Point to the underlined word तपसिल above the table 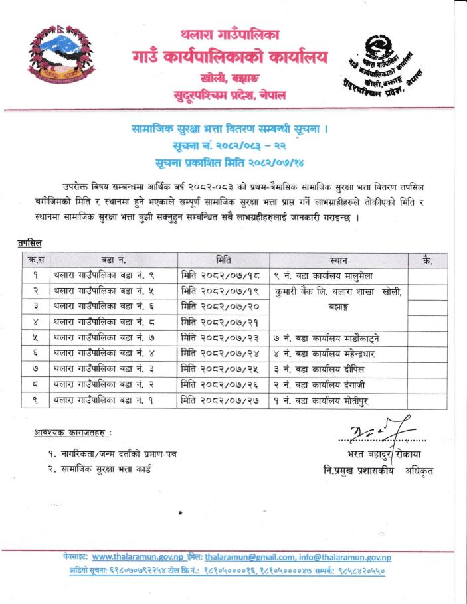pos(29,244)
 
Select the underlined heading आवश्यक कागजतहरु pos(72,433)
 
